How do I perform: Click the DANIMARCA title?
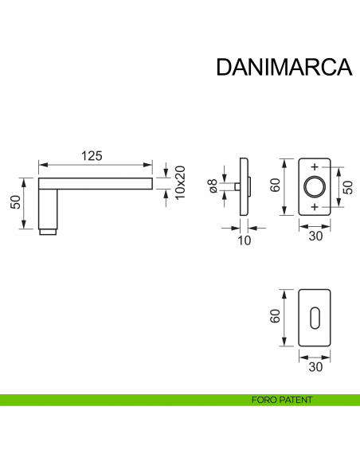[284, 66]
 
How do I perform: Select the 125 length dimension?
[94, 156]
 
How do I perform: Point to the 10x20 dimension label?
[180, 183]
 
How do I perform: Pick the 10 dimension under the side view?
[241, 240]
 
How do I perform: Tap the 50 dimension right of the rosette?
[347, 187]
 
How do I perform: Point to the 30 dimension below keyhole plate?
[315, 367]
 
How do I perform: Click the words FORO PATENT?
[280, 400]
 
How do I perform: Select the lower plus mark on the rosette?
[315, 207]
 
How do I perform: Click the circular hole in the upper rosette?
[315, 187]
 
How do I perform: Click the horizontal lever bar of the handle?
[96, 184]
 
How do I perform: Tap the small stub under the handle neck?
[49, 233]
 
